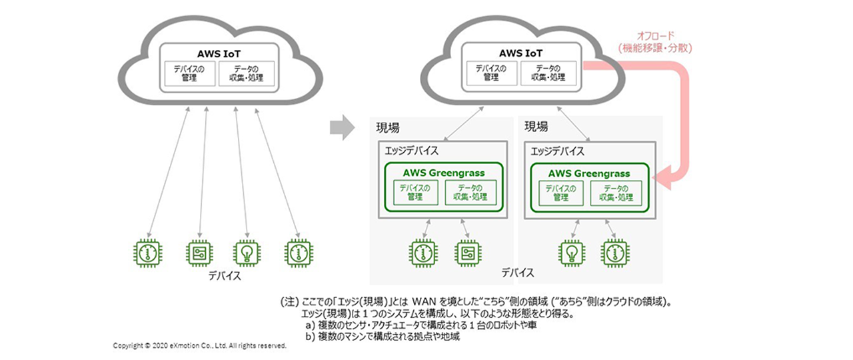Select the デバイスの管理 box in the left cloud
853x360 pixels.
(x=190, y=73)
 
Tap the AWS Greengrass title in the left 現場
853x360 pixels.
(x=444, y=173)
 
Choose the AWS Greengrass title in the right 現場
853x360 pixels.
(x=589, y=173)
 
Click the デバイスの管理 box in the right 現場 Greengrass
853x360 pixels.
(x=560, y=193)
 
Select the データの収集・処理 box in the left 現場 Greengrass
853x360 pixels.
(x=470, y=193)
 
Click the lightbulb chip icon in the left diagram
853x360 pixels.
(x=247, y=253)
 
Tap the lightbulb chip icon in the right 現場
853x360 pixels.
(x=572, y=253)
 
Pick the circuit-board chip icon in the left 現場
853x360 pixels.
(x=468, y=253)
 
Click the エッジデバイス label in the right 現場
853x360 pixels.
(x=558, y=151)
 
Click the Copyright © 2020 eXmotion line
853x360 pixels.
(x=199, y=346)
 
